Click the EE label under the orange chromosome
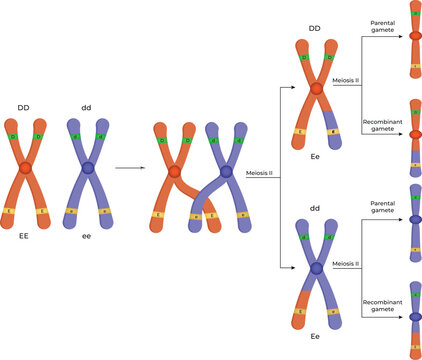[24, 238]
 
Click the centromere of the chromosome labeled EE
[25, 168]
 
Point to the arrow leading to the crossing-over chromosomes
[127, 168]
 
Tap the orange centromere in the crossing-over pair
[175, 172]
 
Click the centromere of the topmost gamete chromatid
[414, 38]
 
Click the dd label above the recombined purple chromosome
[315, 208]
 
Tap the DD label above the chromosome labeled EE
[24, 106]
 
